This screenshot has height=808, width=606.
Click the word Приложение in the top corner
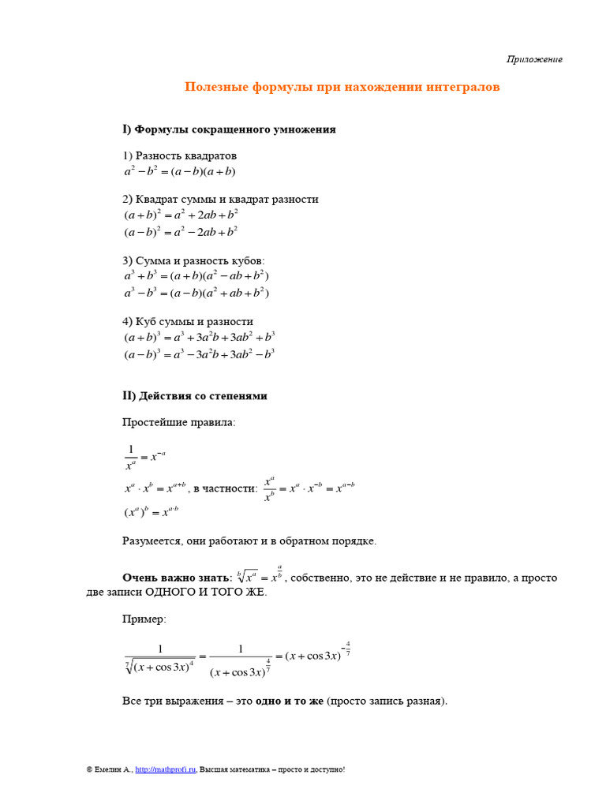534,60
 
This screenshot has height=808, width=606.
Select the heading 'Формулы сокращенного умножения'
235,129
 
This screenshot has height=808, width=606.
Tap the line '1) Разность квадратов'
179,155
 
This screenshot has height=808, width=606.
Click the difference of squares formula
180,171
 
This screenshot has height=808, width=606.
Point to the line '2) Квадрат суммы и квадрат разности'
220,199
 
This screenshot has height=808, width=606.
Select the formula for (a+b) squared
181,215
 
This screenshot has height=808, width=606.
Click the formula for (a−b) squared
181,232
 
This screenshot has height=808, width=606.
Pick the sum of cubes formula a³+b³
196,276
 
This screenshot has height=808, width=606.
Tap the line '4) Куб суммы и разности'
188,321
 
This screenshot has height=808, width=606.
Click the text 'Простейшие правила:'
178,422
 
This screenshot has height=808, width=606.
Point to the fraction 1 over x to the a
130,457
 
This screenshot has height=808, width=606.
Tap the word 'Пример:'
144,619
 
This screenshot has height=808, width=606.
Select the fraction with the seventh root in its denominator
160,657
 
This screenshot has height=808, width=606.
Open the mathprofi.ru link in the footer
165,769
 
